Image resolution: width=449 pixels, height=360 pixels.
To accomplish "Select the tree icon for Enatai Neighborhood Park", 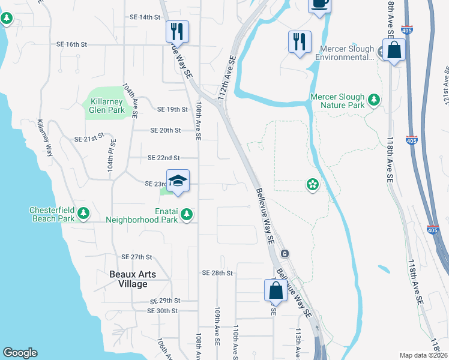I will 187,214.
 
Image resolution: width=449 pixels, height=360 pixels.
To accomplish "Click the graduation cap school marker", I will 178,181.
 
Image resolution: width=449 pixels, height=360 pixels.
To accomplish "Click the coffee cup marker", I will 319,4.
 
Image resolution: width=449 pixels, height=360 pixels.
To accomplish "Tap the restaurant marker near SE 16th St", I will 177,31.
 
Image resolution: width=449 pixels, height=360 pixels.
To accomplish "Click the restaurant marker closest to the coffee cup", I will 299,41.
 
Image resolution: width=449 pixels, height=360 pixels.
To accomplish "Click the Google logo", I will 20,353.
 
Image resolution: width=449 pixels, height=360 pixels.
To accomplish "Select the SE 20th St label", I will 166,130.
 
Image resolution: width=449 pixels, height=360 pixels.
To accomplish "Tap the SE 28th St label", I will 217,273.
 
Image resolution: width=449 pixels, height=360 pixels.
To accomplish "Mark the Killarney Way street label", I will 45,138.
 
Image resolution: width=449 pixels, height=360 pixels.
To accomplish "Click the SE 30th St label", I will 163,311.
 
